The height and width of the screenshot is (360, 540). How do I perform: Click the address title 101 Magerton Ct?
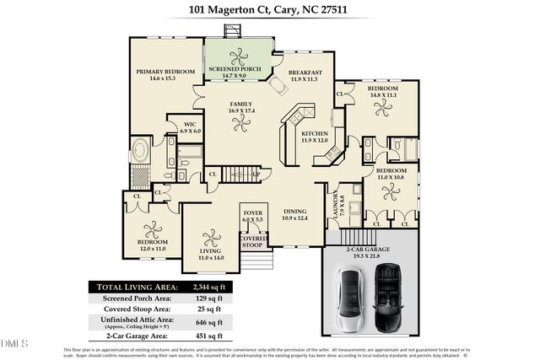(269, 10)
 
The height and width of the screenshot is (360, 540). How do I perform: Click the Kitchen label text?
(314, 136)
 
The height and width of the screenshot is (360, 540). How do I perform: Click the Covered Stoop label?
(254, 242)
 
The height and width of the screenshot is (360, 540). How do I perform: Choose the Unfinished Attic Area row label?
(137, 322)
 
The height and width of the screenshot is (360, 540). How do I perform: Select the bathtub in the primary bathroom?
(139, 154)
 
